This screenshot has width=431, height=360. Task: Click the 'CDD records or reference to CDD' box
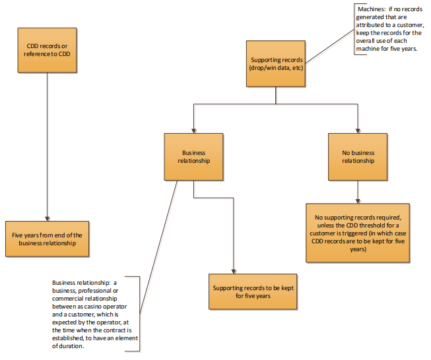48,49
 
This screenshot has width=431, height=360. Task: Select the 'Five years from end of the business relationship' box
46,239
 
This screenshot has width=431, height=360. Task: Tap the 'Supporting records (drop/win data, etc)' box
277,63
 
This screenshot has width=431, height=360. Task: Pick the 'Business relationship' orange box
193,156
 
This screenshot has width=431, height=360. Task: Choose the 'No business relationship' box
358,156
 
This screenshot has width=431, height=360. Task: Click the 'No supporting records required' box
357,232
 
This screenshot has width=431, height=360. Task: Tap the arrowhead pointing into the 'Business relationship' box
193,131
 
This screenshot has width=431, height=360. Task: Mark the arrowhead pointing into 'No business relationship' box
358,131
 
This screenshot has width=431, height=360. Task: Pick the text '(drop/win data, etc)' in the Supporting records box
277,68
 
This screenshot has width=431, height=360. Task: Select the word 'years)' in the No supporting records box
357,250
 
